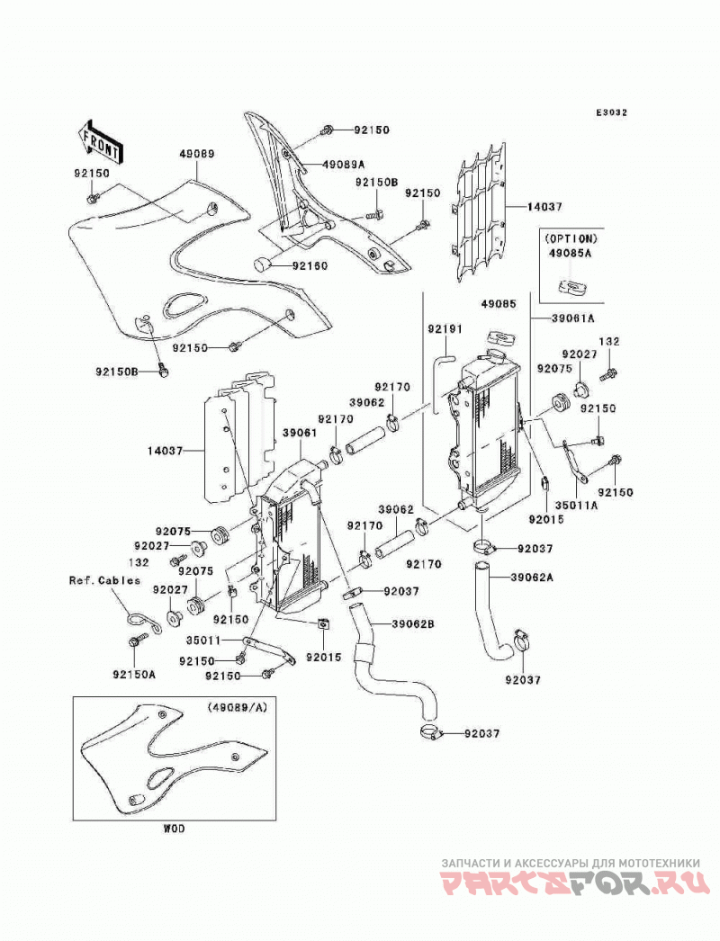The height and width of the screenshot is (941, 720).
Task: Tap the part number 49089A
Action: pyautogui.click(x=344, y=165)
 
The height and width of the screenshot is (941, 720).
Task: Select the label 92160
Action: pyautogui.click(x=310, y=266)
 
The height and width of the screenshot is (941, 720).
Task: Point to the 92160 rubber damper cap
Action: pyautogui.click(x=262, y=264)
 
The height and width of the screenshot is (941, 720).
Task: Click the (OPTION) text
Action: pyautogui.click(x=572, y=238)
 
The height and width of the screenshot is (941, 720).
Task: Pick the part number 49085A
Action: pyautogui.click(x=570, y=254)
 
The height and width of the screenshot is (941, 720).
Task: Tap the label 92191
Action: pyautogui.click(x=445, y=329)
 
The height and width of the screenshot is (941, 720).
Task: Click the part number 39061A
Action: pyautogui.click(x=573, y=319)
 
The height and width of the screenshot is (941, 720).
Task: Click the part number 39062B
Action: pyautogui.click(x=412, y=623)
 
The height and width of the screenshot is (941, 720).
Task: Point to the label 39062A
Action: pyautogui.click(x=531, y=578)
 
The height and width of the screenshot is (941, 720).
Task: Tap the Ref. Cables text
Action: pyautogui.click(x=104, y=580)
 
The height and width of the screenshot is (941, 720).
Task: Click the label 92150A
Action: pyautogui.click(x=133, y=674)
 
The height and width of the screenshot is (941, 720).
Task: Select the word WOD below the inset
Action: pyautogui.click(x=174, y=829)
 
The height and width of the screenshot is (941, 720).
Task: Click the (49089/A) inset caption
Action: pyautogui.click(x=238, y=707)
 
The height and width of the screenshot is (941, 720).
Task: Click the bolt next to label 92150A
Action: pyautogui.click(x=134, y=641)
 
